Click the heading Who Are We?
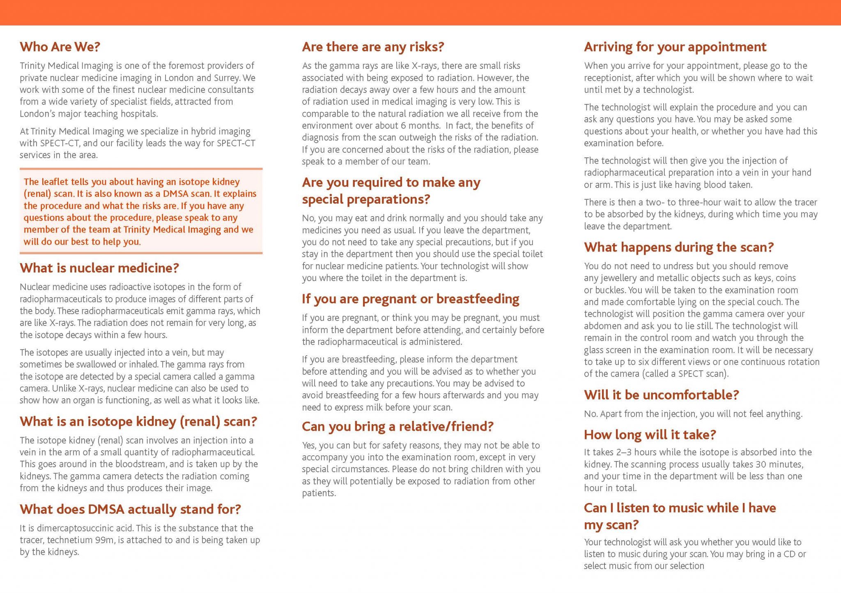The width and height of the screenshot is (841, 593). (60, 47)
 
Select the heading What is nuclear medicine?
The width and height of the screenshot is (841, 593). (99, 268)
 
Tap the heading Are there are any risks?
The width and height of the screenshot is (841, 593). (373, 47)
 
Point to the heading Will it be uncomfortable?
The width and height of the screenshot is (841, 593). (661, 395)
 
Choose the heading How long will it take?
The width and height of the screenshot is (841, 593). (650, 434)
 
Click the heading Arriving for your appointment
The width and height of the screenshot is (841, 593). (675, 47)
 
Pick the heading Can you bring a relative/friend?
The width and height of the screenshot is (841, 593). (398, 427)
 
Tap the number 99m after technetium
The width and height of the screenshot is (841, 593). (104, 540)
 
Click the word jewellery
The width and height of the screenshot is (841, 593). (616, 278)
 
